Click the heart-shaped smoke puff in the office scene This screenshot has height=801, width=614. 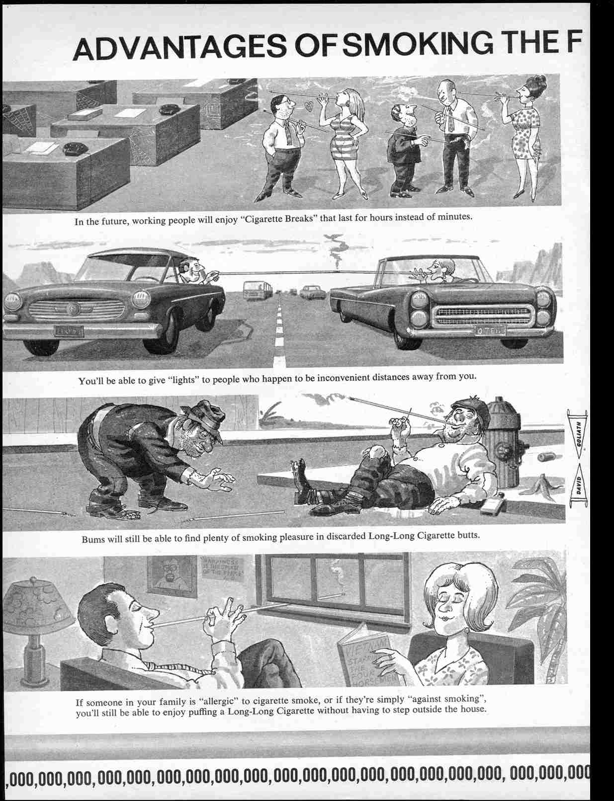click(x=309, y=106)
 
